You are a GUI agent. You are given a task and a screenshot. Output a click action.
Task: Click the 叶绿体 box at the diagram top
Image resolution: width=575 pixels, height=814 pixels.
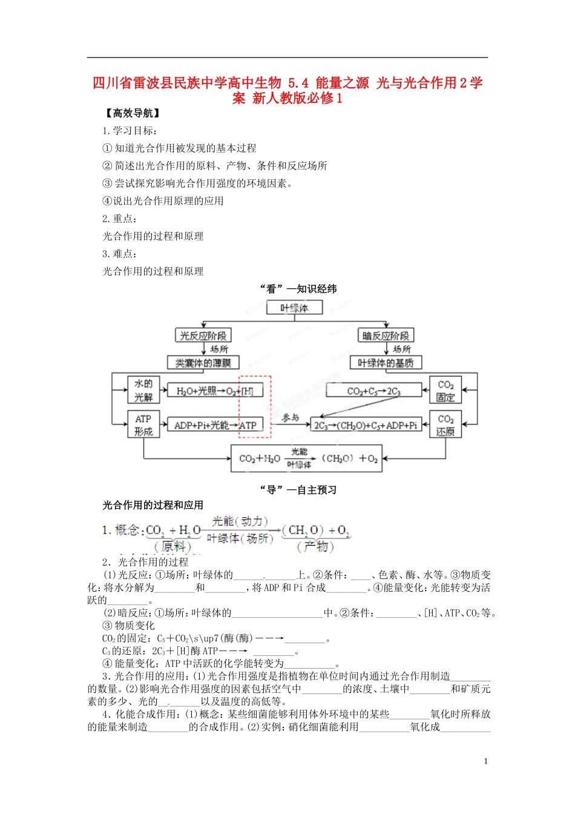[294, 308]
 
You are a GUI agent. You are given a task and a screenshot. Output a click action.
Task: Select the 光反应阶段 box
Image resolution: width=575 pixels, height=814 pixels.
[203, 336]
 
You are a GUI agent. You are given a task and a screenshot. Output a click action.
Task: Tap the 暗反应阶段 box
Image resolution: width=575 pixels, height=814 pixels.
[386, 336]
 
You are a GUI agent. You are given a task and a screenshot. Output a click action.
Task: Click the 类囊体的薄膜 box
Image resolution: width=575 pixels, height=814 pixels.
[203, 363]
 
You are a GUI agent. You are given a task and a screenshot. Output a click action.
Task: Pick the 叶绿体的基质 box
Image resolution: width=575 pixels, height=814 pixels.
[386, 363]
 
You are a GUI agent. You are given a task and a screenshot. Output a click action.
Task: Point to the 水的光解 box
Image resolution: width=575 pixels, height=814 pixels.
[143, 390]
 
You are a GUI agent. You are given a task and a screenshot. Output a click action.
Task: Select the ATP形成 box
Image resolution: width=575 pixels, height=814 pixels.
[143, 425]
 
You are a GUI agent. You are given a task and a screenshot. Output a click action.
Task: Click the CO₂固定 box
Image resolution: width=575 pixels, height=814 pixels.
[445, 391]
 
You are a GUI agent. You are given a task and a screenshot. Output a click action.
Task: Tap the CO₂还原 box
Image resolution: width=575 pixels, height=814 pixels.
[445, 425]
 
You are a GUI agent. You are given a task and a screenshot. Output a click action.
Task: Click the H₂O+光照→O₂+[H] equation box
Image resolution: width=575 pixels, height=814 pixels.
[215, 391]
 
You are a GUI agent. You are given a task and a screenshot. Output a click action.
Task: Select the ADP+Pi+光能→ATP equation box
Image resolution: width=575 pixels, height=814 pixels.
[215, 425]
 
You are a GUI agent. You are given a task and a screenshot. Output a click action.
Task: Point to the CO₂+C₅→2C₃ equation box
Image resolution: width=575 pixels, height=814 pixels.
[373, 391]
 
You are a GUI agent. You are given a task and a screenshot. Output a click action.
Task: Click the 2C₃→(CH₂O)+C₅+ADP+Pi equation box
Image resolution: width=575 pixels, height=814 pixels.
[366, 425]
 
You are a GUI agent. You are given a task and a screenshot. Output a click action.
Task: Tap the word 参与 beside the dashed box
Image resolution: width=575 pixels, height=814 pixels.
[291, 417]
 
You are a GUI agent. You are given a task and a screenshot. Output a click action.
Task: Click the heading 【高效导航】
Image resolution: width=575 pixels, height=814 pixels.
[133, 113]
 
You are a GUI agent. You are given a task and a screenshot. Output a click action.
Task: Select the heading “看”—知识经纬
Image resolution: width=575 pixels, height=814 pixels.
[298, 289]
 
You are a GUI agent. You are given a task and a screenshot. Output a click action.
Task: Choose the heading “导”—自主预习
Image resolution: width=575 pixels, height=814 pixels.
[298, 489]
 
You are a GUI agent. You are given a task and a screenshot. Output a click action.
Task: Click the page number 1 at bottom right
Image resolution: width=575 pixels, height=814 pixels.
[485, 761]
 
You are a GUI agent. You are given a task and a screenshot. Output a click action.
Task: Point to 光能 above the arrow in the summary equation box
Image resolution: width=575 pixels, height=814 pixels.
[299, 452]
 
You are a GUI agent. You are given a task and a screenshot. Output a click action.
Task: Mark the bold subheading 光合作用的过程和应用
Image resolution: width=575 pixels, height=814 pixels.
[153, 505]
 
